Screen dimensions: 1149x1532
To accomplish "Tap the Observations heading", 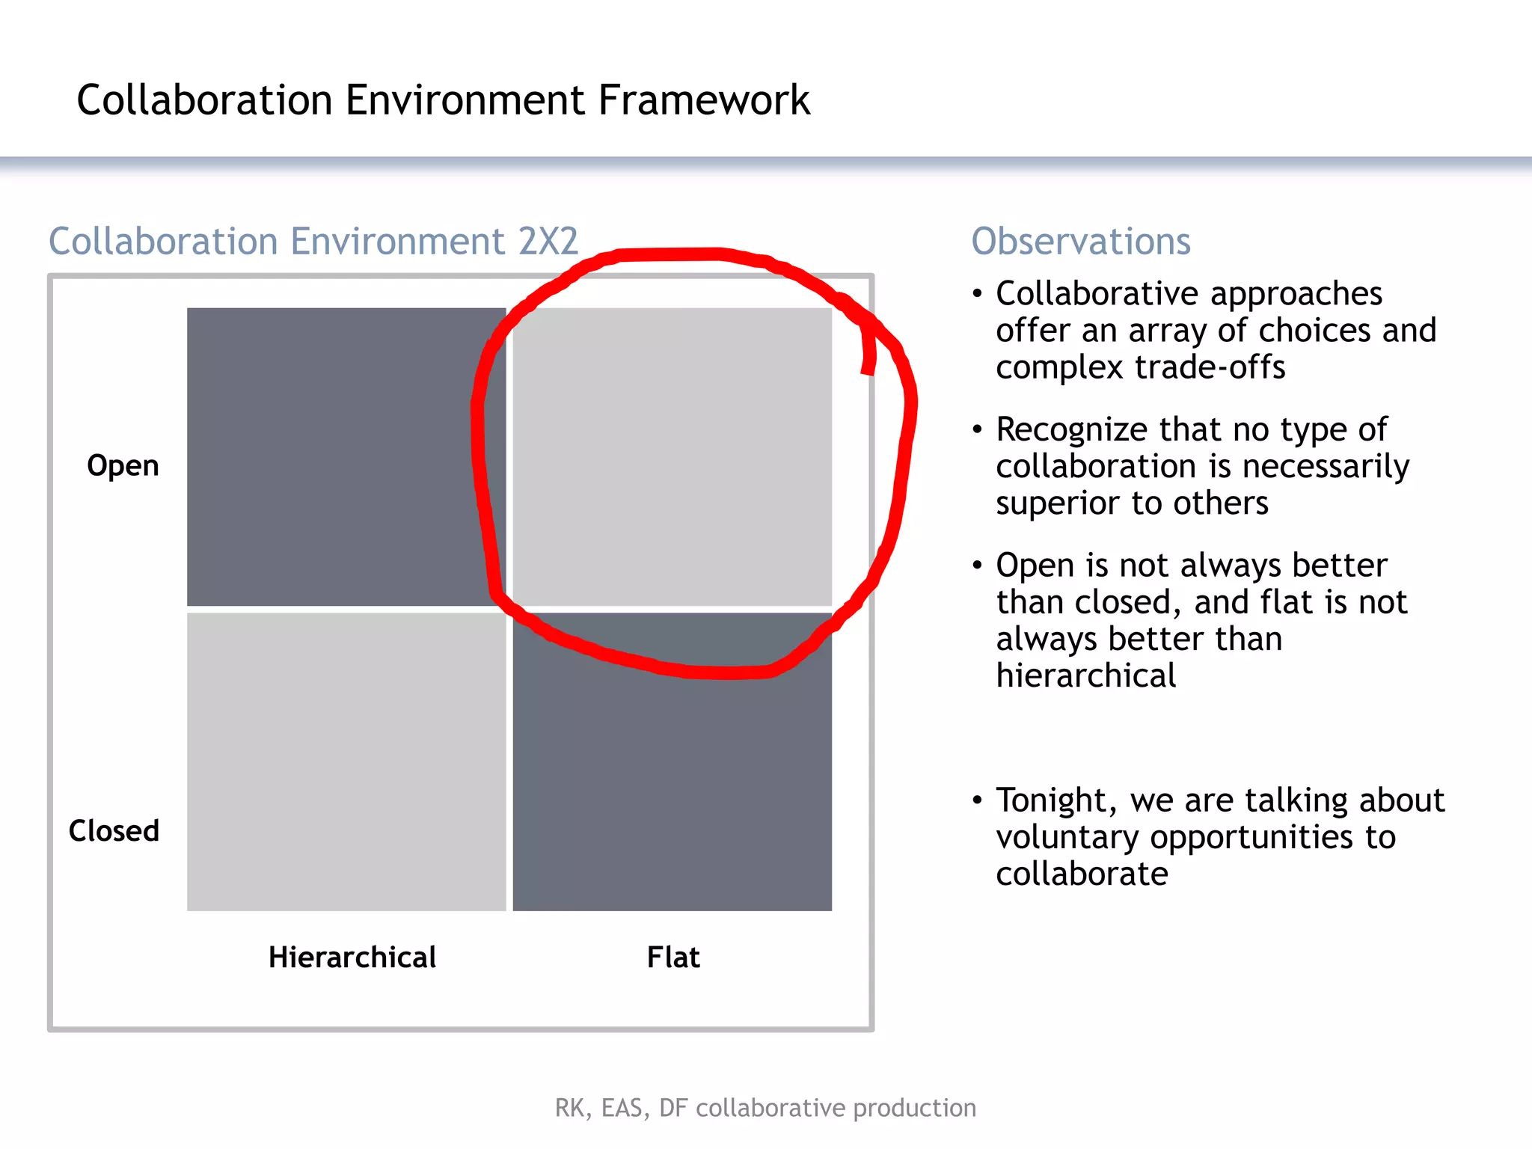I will pyautogui.click(x=1080, y=242).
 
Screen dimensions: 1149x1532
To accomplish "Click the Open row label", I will pyautogui.click(x=123, y=466).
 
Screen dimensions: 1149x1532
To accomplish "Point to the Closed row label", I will pyautogui.click(x=114, y=831).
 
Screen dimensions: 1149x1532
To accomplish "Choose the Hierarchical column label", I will pyautogui.click(x=352, y=957).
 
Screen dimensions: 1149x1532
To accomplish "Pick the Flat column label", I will pyautogui.click(x=673, y=957).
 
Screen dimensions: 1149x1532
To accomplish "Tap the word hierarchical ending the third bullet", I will pyautogui.click(x=1085, y=676).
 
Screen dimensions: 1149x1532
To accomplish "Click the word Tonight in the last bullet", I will pyautogui.click(x=1055, y=800).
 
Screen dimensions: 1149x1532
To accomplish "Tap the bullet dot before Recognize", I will pyautogui.click(x=977, y=429).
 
